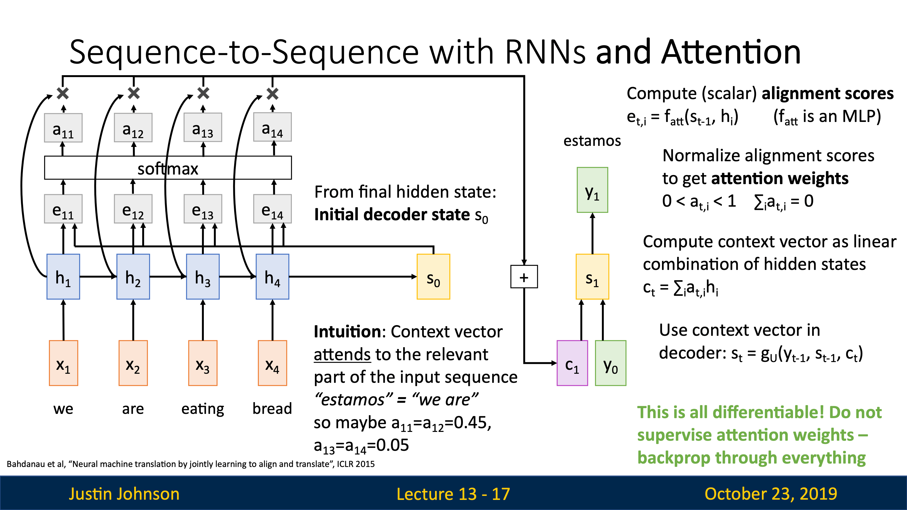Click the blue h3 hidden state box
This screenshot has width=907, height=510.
[x=203, y=277]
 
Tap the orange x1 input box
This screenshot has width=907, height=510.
[x=63, y=363]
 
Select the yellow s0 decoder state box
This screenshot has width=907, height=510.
[x=433, y=277]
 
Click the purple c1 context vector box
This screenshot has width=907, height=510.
[x=572, y=363]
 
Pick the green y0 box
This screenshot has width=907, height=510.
[x=610, y=363]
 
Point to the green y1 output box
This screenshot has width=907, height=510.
[x=592, y=190]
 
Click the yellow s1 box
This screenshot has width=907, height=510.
[x=592, y=277]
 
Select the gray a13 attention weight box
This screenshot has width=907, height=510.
[x=203, y=127]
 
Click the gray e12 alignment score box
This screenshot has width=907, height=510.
[x=133, y=209]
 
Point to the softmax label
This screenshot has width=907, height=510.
[x=168, y=169]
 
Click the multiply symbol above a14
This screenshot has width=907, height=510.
[x=272, y=93]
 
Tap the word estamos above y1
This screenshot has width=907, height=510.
[x=592, y=141]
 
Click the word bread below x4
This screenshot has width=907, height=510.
[x=272, y=408]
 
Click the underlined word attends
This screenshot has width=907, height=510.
[x=342, y=354]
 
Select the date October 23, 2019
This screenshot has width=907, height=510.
[x=771, y=494]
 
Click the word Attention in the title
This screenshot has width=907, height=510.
[x=731, y=52]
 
